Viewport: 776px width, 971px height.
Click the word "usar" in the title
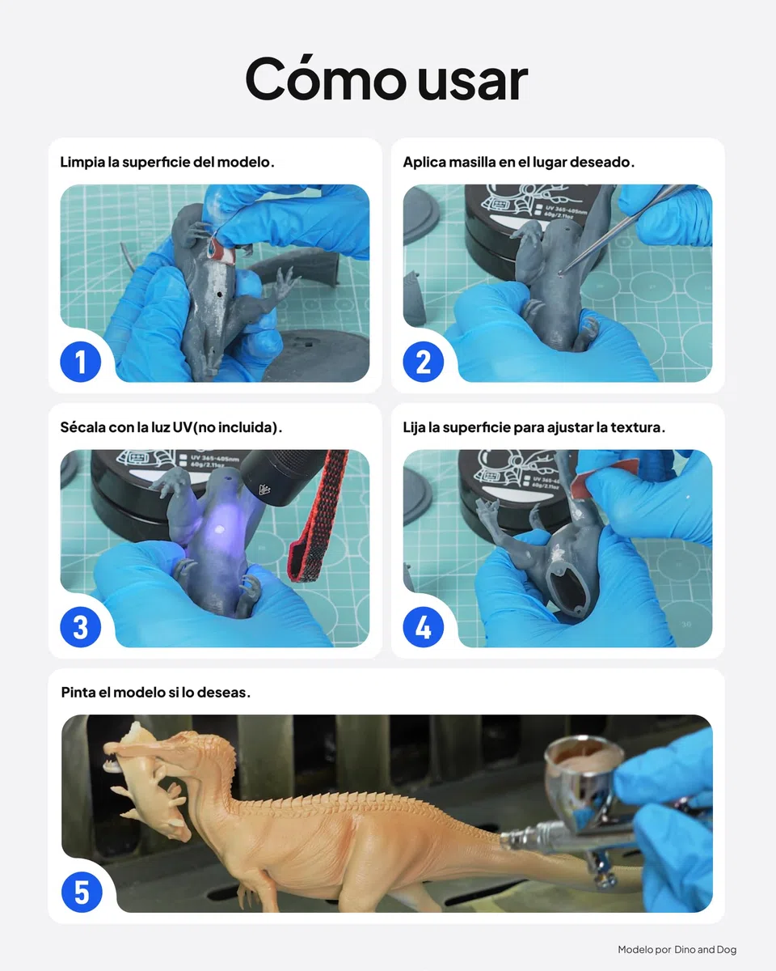click(472, 81)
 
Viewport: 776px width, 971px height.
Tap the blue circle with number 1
click(80, 362)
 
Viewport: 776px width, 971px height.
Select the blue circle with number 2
click(423, 362)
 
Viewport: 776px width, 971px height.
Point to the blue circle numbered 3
click(80, 627)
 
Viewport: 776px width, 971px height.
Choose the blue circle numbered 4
click(423, 627)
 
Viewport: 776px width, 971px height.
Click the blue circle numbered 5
click(82, 892)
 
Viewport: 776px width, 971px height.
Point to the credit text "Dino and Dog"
click(705, 949)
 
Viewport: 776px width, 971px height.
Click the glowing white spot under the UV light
click(220, 529)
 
